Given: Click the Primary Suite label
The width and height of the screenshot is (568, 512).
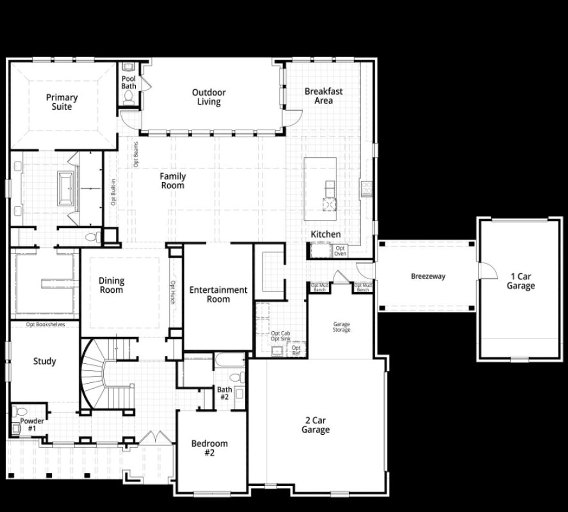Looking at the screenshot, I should point(62,102).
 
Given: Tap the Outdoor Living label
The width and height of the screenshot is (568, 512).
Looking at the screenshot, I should point(209,97).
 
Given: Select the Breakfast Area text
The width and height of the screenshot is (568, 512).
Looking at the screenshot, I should point(323,96).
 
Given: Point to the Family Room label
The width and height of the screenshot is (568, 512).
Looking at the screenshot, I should point(173,181).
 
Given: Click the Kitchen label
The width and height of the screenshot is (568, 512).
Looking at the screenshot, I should point(326,234).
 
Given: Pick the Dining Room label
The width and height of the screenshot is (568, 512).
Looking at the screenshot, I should point(111,285).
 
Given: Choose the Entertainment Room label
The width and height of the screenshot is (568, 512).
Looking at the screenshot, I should point(218,294).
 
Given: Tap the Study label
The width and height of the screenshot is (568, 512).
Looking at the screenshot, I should point(44,361).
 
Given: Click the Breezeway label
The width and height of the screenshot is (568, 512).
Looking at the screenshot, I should point(428,276).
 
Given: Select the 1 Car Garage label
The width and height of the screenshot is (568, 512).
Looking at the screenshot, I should point(521,281).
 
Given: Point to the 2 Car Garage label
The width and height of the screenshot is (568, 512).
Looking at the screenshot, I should point(316,425).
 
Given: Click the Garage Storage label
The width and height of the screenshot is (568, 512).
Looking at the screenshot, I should point(342,327).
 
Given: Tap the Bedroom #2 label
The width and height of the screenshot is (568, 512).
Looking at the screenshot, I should point(209,448).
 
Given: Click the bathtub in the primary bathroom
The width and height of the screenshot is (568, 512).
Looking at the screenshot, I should point(67,188).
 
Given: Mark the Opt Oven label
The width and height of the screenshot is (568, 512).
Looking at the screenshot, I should point(340,251).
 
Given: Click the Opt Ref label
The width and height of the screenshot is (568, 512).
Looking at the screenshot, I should point(296,350).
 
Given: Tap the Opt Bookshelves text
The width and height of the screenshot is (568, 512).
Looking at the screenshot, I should point(45,325).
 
